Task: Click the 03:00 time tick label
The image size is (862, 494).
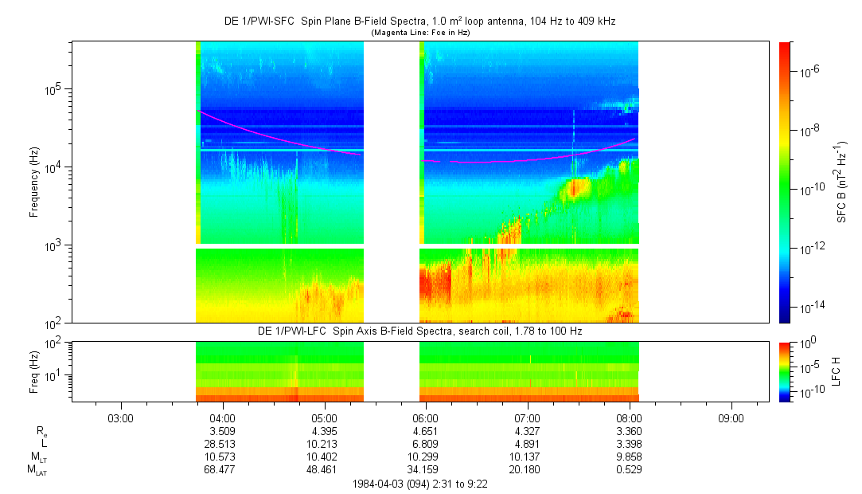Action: click(119, 418)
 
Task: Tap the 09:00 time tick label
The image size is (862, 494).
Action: click(731, 418)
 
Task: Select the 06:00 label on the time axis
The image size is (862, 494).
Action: click(425, 418)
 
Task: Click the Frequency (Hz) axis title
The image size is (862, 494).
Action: click(34, 182)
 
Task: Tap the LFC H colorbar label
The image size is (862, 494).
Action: click(836, 370)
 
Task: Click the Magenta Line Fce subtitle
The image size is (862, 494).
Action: click(420, 32)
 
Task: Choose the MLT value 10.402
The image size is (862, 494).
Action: click(323, 457)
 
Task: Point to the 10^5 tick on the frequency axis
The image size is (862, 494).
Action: click(53, 89)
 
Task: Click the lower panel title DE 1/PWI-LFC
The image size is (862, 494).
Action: click(420, 331)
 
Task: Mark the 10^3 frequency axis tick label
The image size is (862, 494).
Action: click(53, 245)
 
